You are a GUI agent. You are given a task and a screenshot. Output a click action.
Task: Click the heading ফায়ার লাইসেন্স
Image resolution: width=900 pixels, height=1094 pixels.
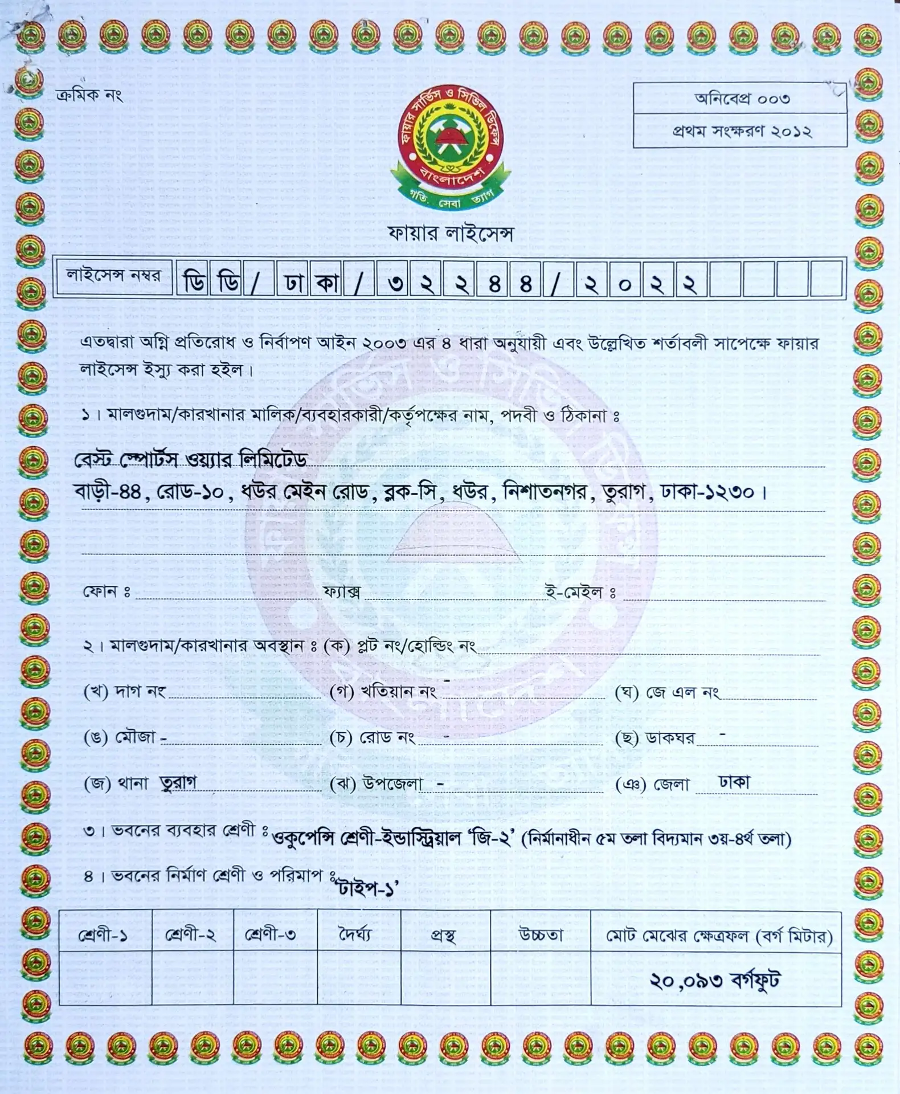tap(450, 234)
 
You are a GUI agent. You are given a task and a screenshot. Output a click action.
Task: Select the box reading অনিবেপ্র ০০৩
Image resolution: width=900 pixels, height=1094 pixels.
tap(740, 99)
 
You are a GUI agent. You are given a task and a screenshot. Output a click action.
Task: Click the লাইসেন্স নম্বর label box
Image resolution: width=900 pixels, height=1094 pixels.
tap(113, 276)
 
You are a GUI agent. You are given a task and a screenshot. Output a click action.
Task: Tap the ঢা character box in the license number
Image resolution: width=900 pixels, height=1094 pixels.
tap(293, 280)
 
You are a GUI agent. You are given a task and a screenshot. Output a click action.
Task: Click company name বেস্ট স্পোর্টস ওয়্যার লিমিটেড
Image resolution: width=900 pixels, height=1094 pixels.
tap(191, 460)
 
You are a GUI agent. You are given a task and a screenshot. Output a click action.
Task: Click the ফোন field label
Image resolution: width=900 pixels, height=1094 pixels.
tap(107, 591)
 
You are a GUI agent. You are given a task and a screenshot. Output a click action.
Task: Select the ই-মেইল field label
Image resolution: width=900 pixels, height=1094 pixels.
tap(580, 593)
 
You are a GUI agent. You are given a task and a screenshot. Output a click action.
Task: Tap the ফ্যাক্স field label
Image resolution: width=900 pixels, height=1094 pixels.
tap(341, 592)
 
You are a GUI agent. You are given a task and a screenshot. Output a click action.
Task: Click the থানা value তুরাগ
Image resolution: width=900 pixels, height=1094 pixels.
tap(178, 782)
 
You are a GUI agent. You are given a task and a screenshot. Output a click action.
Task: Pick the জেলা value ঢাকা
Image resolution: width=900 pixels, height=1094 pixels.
tap(734, 782)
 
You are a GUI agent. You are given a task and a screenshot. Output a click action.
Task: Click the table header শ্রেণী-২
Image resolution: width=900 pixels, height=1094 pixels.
tap(191, 935)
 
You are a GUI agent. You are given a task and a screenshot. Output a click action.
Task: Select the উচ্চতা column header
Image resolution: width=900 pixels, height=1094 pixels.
tap(540, 935)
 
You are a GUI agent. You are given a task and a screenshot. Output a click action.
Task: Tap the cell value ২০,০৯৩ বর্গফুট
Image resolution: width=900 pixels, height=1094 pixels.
tap(715, 981)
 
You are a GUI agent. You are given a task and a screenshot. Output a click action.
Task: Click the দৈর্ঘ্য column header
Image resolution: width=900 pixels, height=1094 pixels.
tap(355, 935)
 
